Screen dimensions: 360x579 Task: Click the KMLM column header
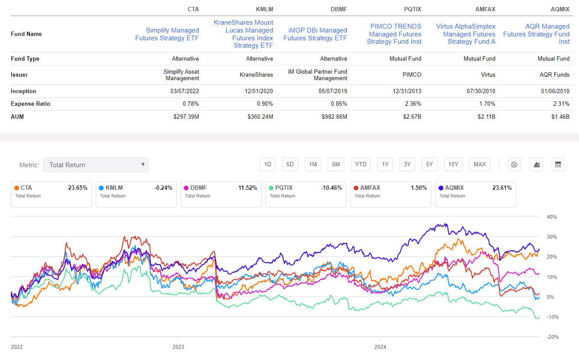265,9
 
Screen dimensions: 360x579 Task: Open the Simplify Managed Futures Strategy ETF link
167,34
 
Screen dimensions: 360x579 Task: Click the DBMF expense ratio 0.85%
338,104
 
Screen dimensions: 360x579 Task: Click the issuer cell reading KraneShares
256,75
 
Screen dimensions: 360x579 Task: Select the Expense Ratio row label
30,104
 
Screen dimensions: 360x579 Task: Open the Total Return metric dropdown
95,165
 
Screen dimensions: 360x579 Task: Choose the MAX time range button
480,164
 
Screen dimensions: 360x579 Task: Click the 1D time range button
267,164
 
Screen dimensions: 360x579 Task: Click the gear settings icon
514,165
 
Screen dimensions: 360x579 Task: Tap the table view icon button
558,165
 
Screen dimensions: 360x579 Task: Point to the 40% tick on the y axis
551,217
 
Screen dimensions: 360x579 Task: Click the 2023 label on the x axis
178,347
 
